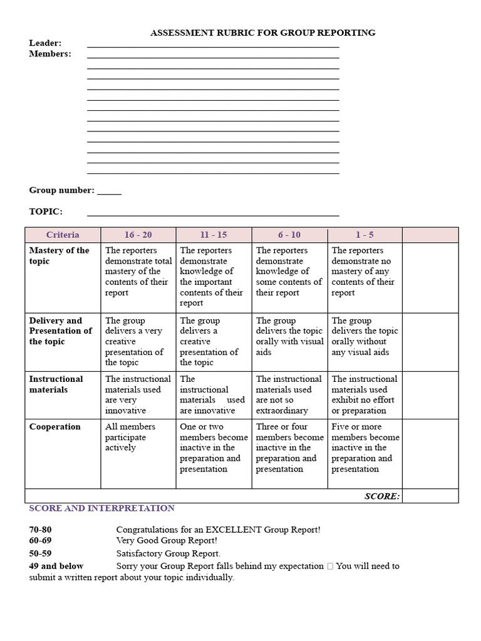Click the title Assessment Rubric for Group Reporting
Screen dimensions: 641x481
click(x=262, y=33)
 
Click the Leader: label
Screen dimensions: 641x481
click(x=45, y=43)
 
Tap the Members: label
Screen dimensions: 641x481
click(x=50, y=54)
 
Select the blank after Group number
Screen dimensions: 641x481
click(x=109, y=191)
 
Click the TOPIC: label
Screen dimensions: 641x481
click(x=46, y=212)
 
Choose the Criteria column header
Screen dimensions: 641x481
click(x=63, y=235)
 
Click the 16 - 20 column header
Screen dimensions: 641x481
click(x=138, y=235)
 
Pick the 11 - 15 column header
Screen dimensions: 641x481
click(x=214, y=235)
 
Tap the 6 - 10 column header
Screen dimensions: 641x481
click(x=289, y=235)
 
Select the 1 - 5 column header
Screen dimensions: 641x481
click(x=365, y=235)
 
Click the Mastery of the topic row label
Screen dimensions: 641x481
click(x=59, y=255)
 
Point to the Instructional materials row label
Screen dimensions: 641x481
click(x=56, y=384)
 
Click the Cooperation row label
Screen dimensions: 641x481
click(x=55, y=427)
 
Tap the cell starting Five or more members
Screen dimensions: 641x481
click(x=365, y=448)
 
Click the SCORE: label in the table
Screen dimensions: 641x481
click(x=381, y=496)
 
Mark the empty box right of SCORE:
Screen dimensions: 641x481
click(x=430, y=496)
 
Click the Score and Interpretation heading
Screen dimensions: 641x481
click(x=102, y=508)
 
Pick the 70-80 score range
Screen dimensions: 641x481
click(x=41, y=530)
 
